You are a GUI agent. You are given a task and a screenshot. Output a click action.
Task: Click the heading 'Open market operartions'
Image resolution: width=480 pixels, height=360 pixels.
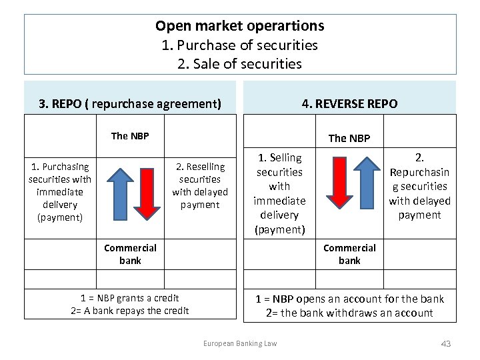click(x=240, y=26)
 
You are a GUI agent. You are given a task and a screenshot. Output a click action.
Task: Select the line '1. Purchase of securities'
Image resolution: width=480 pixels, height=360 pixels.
click(x=240, y=45)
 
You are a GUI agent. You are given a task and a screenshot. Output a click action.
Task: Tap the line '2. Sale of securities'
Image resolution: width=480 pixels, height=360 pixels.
click(x=240, y=64)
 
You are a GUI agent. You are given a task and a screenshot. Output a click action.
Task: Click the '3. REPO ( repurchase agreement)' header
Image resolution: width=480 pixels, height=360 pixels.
click(x=131, y=104)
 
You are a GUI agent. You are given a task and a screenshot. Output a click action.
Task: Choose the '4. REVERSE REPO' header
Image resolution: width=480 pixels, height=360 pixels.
click(x=349, y=103)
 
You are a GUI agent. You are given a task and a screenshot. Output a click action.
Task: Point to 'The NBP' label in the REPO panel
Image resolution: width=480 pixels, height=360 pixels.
click(x=130, y=136)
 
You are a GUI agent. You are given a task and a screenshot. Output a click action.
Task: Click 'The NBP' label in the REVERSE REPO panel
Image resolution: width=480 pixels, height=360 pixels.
click(x=349, y=138)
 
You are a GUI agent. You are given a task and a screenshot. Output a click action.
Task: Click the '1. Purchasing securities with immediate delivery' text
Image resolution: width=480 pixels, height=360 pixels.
click(x=60, y=192)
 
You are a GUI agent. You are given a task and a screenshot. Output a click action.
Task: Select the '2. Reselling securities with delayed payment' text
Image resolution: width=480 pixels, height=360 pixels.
click(x=200, y=185)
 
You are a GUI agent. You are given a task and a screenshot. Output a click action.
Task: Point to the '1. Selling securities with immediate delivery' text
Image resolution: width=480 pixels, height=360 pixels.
click(x=280, y=193)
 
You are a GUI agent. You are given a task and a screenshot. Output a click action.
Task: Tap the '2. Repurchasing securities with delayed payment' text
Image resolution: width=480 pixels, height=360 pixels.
click(x=419, y=186)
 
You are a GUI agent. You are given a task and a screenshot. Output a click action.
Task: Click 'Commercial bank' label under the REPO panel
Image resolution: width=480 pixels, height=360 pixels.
click(x=130, y=254)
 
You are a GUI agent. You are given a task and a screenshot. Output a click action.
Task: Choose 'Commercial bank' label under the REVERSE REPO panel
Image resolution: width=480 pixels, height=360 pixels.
click(x=349, y=254)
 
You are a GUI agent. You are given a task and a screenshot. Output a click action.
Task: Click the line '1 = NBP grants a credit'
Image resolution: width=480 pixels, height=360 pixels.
click(x=130, y=298)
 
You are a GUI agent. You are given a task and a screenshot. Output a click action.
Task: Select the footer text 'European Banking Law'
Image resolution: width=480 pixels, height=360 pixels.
click(x=240, y=343)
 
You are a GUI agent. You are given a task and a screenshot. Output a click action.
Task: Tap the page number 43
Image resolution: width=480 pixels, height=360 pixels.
click(x=446, y=343)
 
